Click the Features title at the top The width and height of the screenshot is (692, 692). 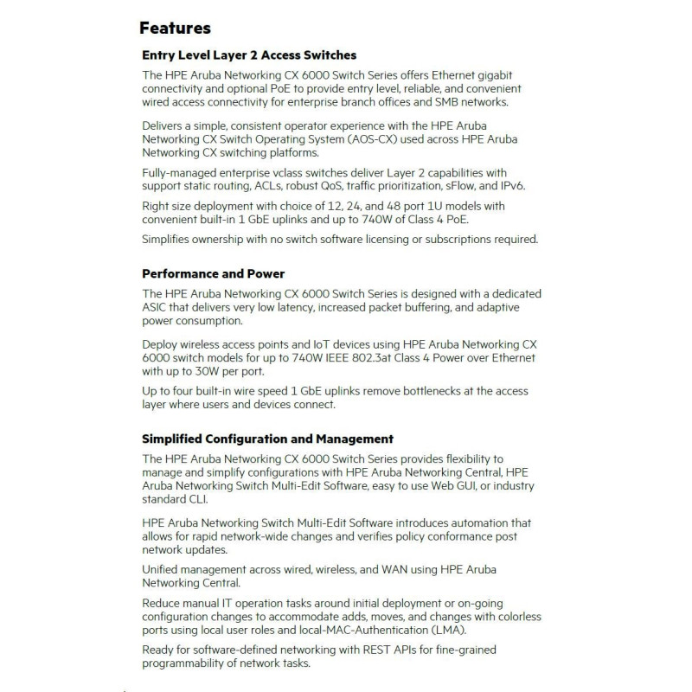[175, 29]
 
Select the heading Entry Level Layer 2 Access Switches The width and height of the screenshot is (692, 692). [249, 54]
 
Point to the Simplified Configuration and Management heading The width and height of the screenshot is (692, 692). [267, 439]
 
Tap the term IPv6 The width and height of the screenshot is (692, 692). [508, 185]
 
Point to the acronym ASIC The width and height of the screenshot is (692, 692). [158, 307]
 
